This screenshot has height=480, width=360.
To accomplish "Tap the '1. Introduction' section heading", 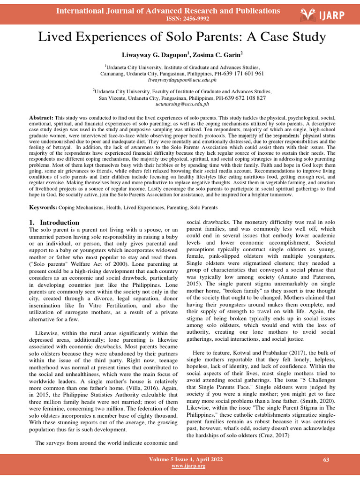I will tap(54, 222).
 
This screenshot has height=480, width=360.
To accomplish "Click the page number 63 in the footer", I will tap(326, 460).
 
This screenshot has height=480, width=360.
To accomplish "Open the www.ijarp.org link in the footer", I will tap(188, 466).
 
